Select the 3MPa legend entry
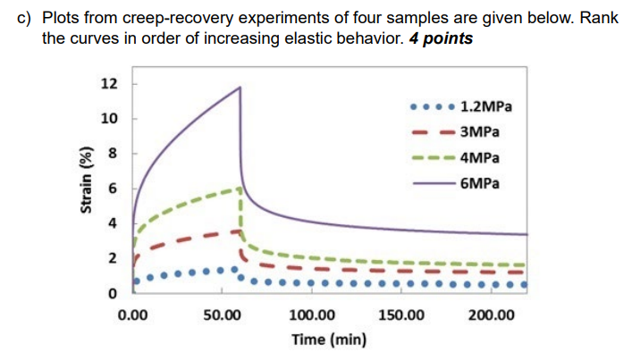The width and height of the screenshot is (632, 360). [x=479, y=132]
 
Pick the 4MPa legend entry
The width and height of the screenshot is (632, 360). [x=479, y=158]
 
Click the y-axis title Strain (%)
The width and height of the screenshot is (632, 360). [x=87, y=178]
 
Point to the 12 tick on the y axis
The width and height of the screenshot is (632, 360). [x=109, y=85]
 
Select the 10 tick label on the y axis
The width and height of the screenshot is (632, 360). [x=109, y=120]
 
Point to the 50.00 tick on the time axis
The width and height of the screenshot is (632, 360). [x=223, y=315]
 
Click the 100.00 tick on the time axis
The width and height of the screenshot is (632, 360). [x=313, y=315]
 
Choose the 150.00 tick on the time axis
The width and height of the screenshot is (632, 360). [x=402, y=315]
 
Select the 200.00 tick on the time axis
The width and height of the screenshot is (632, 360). [x=493, y=315]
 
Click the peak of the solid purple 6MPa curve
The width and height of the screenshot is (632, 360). [x=240, y=87]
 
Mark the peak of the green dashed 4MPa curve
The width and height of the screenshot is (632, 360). [x=239, y=188]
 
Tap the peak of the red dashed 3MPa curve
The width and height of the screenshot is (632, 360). [x=238, y=230]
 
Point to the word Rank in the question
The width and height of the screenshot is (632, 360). [x=601, y=18]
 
